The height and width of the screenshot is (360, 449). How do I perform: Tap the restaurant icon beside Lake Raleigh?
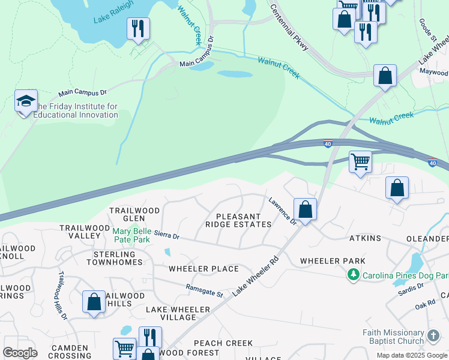pos(138,28)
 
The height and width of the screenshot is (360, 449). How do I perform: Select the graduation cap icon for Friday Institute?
pos(26,101)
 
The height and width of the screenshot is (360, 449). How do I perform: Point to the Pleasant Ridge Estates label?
pos(238,220)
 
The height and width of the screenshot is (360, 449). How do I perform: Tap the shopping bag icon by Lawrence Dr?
pos(306,210)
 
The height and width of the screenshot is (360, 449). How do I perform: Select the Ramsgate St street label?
pos(204,291)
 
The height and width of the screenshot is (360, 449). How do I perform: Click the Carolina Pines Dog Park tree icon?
pos(354,275)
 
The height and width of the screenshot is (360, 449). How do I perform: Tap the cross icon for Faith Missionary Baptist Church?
pos(433,335)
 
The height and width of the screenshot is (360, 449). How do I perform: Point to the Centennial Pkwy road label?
pos(289,26)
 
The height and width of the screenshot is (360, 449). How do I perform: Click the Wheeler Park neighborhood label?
pos(333,261)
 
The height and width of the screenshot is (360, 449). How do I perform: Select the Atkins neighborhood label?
pos(366,238)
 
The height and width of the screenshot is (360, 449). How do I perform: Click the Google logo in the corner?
pos(20,353)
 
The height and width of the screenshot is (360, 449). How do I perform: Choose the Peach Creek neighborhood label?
pos(223,343)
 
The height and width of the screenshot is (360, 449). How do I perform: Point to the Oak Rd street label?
pos(424,306)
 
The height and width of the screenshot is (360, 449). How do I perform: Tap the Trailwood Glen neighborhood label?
pos(134,214)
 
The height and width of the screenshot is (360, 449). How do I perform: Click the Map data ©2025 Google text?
pos(412,355)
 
